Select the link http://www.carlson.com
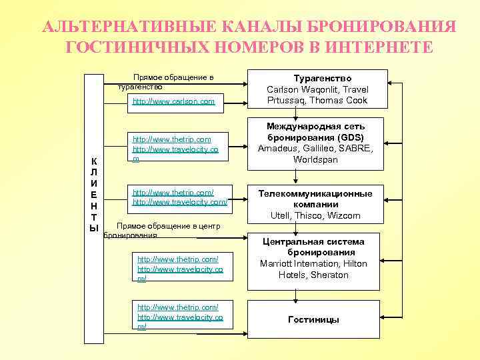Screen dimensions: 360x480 click(x=173, y=101)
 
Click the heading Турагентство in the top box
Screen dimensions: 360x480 click(x=317, y=78)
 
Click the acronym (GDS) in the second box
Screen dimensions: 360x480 click(x=349, y=137)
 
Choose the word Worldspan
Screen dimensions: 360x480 click(x=317, y=160)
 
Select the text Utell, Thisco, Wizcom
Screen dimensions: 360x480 click(x=317, y=215)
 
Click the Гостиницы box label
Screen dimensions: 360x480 click(x=313, y=319)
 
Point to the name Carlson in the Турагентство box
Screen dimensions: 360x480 click(x=283, y=89)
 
